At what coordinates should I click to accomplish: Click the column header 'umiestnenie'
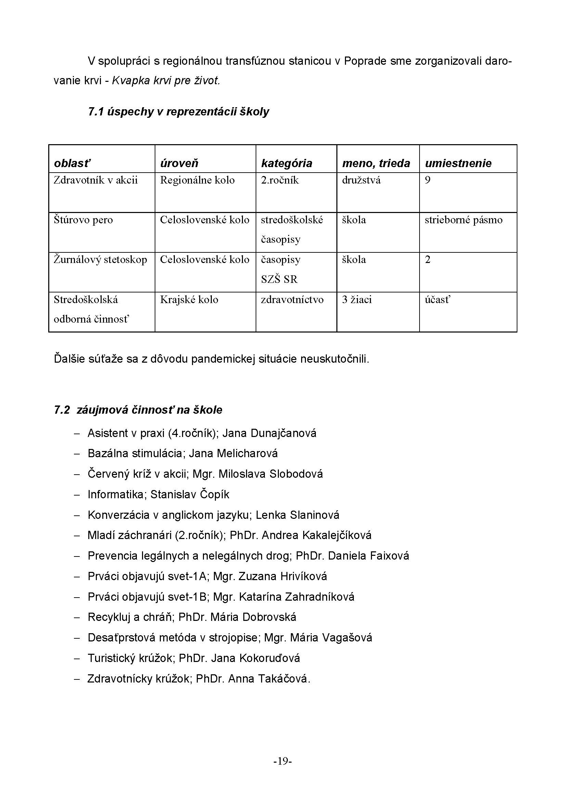[458, 163]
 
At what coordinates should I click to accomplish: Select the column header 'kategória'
[286, 163]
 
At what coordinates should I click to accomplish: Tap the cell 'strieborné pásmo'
[463, 220]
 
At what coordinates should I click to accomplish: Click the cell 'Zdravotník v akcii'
[95, 180]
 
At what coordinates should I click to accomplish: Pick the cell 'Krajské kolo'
[189, 300]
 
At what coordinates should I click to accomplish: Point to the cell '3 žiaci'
[357, 300]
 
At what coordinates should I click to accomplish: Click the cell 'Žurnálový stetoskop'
[100, 260]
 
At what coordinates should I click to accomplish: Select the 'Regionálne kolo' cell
[197, 180]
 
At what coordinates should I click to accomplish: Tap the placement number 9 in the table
[428, 180]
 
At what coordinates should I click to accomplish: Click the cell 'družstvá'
[361, 180]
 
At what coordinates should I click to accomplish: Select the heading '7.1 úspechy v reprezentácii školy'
[178, 112]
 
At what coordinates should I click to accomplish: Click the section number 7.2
[62, 410]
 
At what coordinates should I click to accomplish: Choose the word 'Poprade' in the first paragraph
[365, 61]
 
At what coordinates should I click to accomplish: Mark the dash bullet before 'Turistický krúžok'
[77, 658]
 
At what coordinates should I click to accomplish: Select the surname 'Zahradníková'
[320, 597]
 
